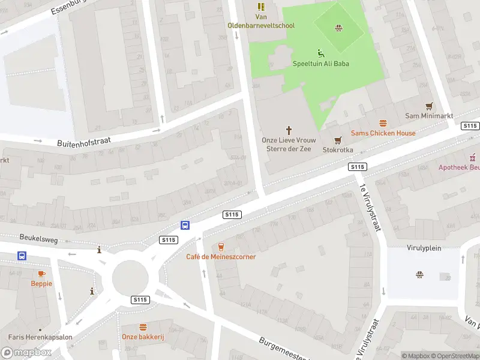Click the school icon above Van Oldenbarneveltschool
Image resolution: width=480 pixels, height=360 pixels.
261,7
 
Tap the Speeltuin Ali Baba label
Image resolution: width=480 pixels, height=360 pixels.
321,64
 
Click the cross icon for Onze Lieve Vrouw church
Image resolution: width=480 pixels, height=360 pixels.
289,130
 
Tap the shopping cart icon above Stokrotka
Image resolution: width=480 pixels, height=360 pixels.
338,140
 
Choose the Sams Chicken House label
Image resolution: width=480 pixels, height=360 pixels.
383,133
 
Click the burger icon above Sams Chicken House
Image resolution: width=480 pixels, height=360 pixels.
383,123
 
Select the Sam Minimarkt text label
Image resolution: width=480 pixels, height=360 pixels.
428,116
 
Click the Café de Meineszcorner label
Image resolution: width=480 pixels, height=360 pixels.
221,257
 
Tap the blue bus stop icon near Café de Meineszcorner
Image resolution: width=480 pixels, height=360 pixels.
185,225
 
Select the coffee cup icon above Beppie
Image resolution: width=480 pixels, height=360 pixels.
41,274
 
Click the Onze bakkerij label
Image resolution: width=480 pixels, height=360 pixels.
143,337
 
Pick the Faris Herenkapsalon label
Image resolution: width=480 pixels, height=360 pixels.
40,337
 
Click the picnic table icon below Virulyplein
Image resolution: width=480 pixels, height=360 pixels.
419,275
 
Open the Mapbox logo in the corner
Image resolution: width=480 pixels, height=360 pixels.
26,353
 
